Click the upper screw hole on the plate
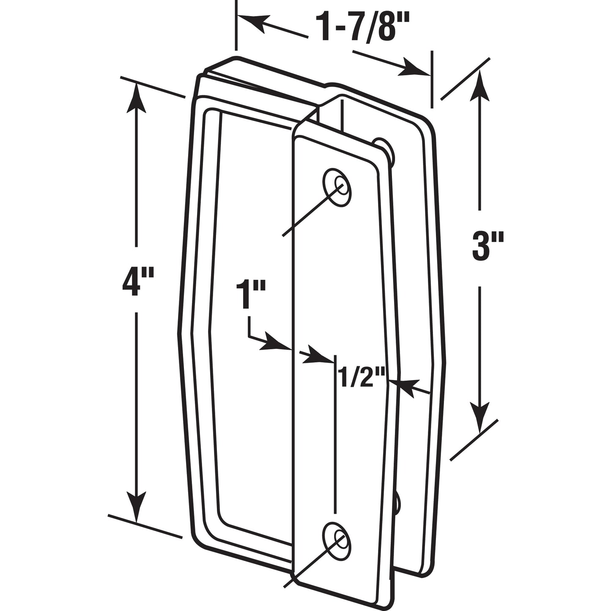coord(337,187)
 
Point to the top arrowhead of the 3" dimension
coord(479,87)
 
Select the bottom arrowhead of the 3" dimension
coord(479,416)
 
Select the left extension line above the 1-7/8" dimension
coord(236,25)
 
